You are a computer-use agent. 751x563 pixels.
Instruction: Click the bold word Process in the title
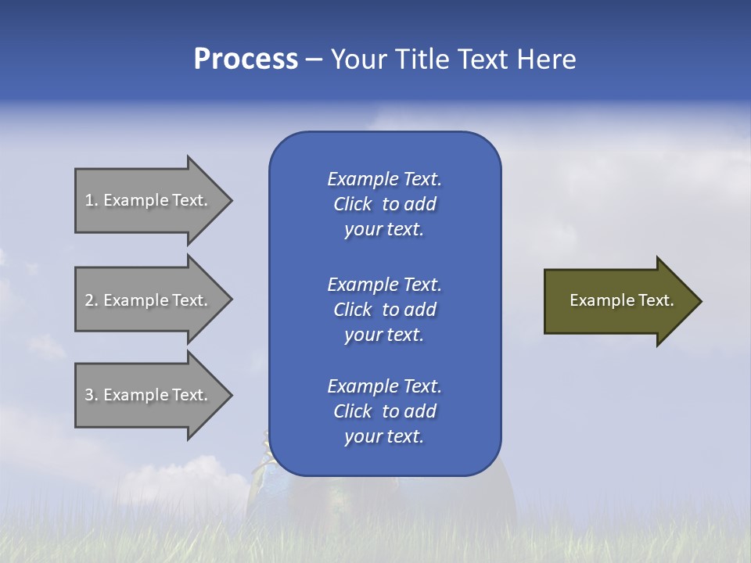tap(246, 59)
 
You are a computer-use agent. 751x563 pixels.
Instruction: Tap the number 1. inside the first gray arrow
tap(92, 200)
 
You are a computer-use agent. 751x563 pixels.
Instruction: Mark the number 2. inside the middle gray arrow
tap(92, 300)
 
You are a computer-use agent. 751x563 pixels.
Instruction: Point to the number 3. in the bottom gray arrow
tap(92, 395)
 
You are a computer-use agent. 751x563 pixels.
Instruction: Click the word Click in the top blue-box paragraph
tap(352, 204)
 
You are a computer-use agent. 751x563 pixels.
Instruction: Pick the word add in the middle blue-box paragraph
tap(421, 310)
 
